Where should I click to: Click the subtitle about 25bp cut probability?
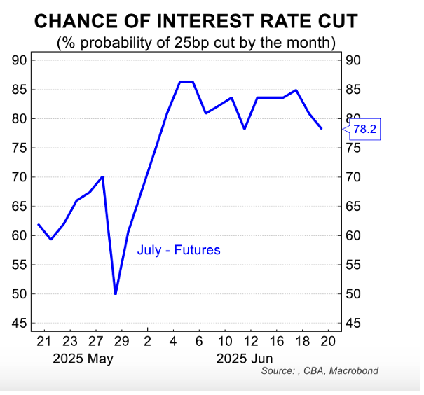click(x=196, y=43)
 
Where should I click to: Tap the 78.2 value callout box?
click(x=363, y=130)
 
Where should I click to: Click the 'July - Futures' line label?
click(x=179, y=250)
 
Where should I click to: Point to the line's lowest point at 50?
click(x=116, y=293)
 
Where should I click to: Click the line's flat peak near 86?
click(x=186, y=82)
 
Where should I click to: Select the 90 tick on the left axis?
click(x=20, y=60)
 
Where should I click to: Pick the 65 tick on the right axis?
click(x=353, y=206)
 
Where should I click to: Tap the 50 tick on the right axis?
click(x=353, y=293)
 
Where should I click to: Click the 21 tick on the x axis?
click(x=43, y=342)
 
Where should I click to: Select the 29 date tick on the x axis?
click(x=121, y=342)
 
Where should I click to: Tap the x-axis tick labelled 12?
click(x=251, y=342)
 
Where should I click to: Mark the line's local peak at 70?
click(x=103, y=176)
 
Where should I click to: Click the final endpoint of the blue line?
click(x=321, y=128)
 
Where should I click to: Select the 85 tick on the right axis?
click(x=353, y=90)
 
